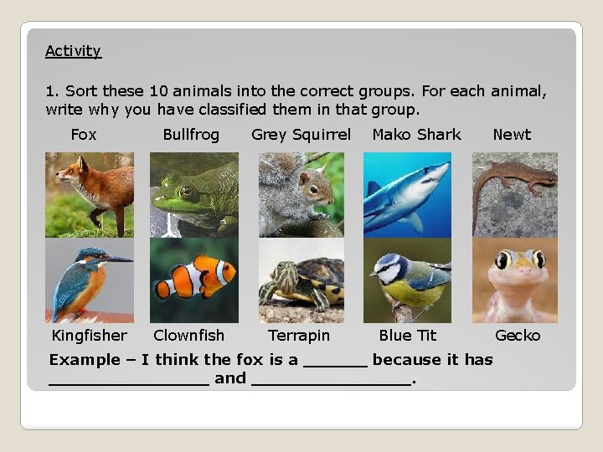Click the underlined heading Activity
73,51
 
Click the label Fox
84,134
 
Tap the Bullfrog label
191,134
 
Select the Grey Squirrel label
301,134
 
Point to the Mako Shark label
416,134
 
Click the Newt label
512,134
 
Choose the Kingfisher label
90,336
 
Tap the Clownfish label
189,336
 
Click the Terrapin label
299,336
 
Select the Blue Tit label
408,336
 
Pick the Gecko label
518,336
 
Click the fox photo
89,194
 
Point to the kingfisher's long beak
117,259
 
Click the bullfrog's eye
186,192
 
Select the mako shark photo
407,194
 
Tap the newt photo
514,194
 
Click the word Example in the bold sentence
85,360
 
